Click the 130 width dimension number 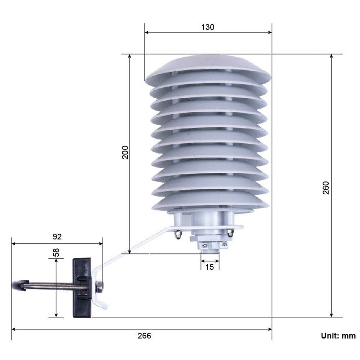pyautogui.click(x=208, y=27)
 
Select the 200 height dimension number pyautogui.click(x=125, y=153)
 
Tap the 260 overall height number pyautogui.click(x=325, y=188)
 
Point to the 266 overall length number pyautogui.click(x=144, y=336)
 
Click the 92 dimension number pyautogui.click(x=57, y=237)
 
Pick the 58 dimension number pyautogui.click(x=56, y=252)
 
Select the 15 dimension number pyautogui.click(x=210, y=267)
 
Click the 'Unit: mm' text pyautogui.click(x=338, y=336)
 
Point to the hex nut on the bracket pyautogui.click(x=99, y=287)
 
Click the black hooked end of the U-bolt pyautogui.click(x=19, y=285)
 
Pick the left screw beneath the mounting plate pyautogui.click(x=177, y=235)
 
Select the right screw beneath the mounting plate pyautogui.click(x=230, y=234)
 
